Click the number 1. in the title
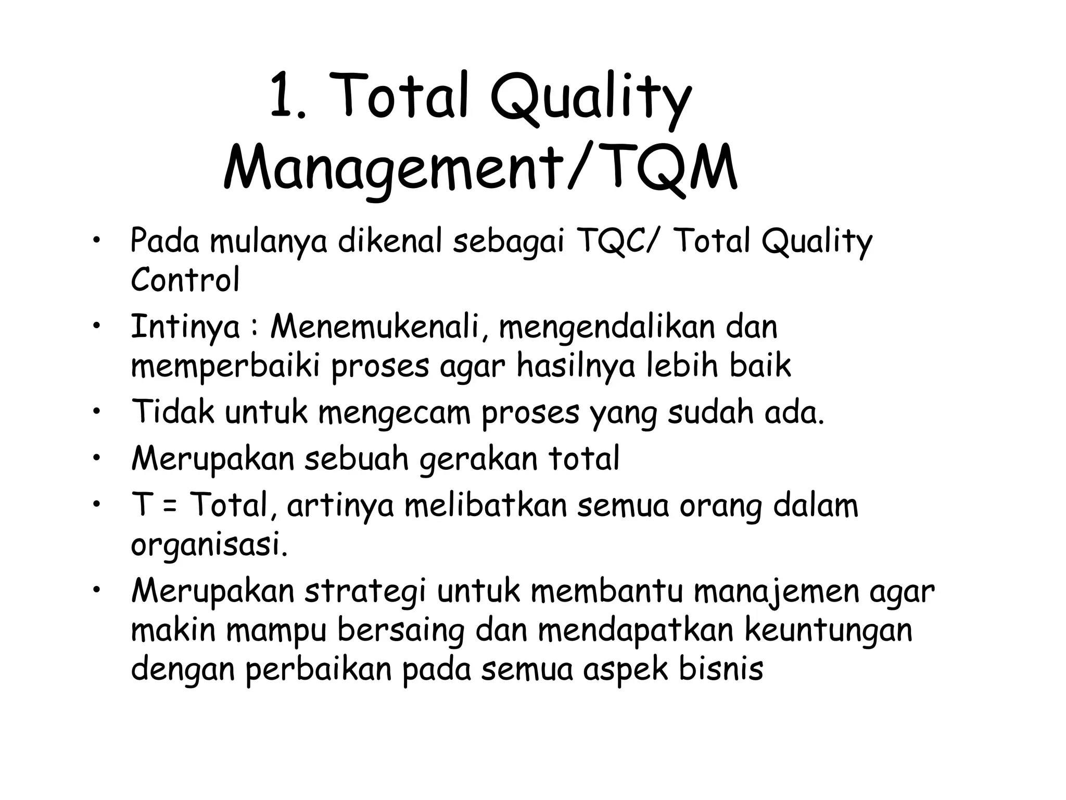(288, 97)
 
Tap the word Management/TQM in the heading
(480, 168)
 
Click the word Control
(185, 280)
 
